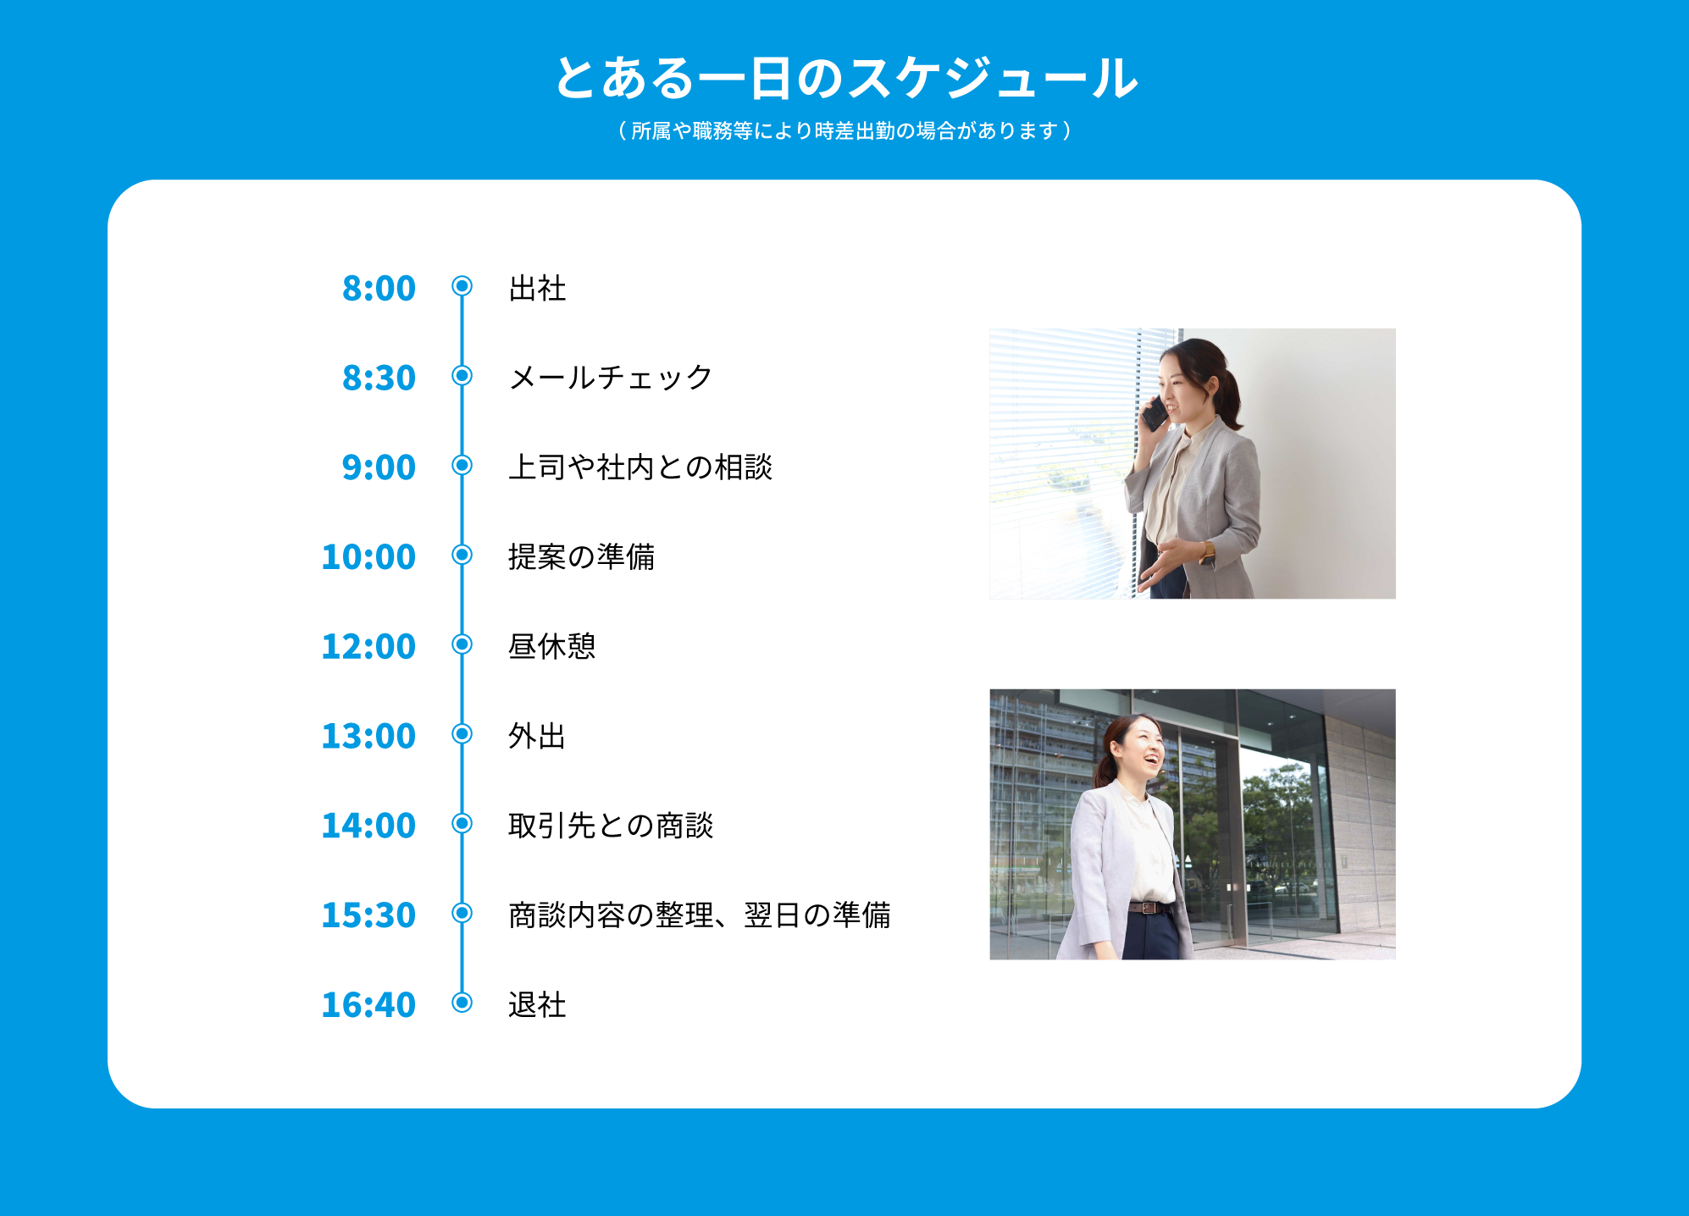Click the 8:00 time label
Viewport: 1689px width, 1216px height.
point(379,288)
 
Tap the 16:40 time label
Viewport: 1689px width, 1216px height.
point(368,1004)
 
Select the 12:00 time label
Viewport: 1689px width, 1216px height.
point(368,646)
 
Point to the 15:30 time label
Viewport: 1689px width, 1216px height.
point(368,915)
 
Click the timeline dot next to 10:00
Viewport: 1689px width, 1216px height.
point(462,555)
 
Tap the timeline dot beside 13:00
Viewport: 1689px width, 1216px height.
point(462,733)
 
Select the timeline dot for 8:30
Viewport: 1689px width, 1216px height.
point(462,375)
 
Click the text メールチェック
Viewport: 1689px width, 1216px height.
point(611,377)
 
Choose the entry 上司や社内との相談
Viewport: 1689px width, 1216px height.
point(640,467)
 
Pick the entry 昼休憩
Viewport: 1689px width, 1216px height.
point(551,646)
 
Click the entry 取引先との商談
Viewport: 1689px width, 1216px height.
point(611,825)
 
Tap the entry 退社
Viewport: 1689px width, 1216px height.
point(537,1004)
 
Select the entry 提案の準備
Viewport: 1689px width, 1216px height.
point(581,556)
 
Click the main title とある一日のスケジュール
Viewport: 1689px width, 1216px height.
point(845,78)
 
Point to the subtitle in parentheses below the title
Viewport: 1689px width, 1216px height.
point(845,130)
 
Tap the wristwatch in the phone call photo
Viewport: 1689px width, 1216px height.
point(1207,553)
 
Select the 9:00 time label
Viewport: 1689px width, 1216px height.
point(379,467)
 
